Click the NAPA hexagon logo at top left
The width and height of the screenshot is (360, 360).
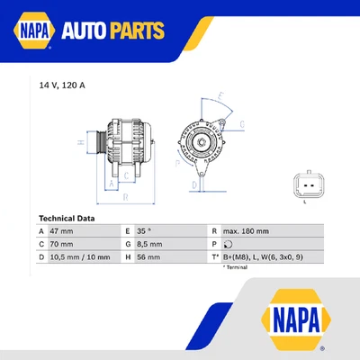31,31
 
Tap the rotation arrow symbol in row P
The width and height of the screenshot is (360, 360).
228,244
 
